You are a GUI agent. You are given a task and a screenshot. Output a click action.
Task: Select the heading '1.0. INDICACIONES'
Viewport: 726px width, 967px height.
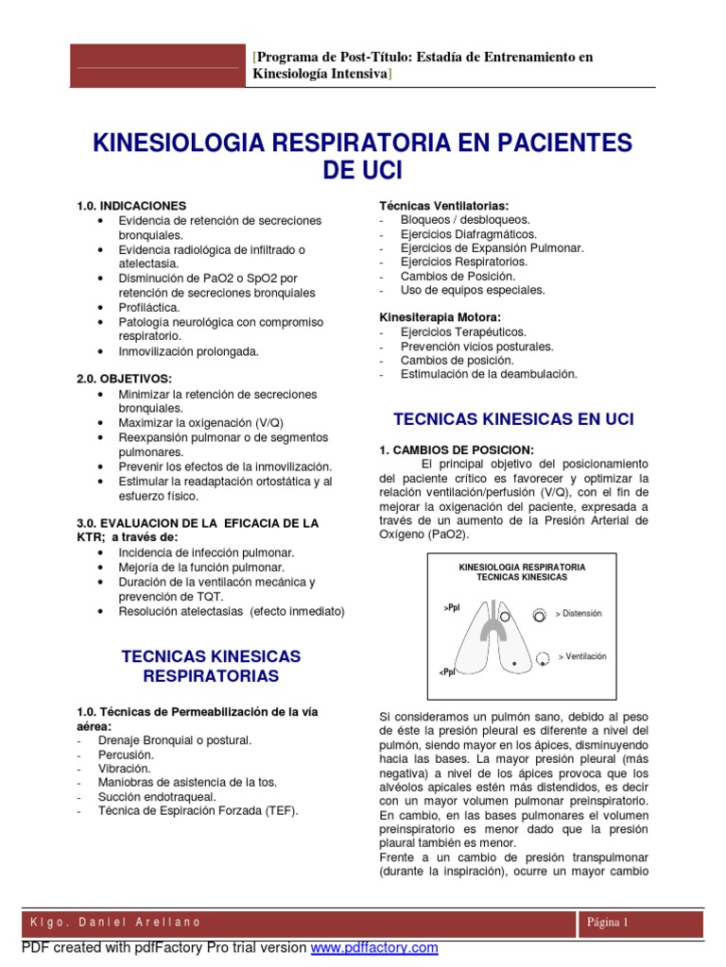click(x=130, y=205)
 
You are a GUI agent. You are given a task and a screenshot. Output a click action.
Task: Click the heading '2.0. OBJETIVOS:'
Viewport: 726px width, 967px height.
click(x=124, y=379)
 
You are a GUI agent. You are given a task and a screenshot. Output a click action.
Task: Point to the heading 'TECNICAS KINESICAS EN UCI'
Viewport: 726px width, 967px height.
click(x=513, y=418)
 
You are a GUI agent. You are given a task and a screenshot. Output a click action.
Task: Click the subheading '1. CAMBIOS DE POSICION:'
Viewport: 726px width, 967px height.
click(x=457, y=450)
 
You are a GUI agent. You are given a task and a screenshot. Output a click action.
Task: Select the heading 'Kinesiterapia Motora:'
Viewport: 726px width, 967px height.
click(x=440, y=317)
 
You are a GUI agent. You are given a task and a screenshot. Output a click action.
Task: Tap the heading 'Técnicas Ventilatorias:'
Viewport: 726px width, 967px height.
click(x=443, y=205)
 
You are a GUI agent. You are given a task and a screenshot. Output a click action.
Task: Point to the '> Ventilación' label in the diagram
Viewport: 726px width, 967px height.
click(x=582, y=655)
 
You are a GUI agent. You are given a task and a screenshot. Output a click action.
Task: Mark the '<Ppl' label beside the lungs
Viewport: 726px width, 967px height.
click(x=447, y=671)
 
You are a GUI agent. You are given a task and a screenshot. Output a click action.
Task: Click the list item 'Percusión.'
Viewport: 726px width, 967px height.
click(x=125, y=755)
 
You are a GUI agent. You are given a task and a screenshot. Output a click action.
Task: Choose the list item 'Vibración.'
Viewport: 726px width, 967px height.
click(x=124, y=769)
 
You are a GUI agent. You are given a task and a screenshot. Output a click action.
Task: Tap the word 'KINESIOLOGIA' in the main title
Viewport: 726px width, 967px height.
click(x=178, y=144)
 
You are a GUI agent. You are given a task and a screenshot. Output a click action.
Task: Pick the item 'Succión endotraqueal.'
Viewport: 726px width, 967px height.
click(x=155, y=797)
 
